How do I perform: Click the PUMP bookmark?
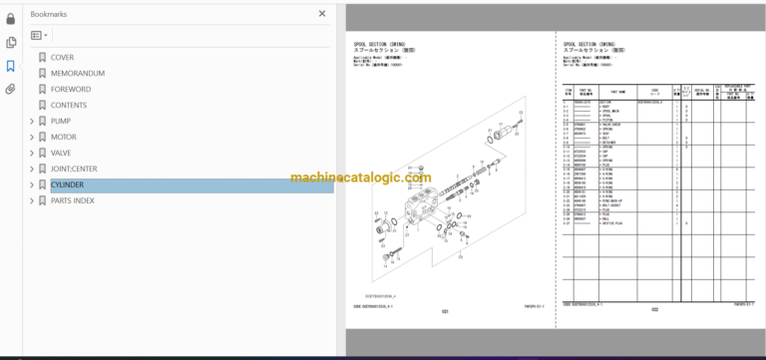coord(61,121)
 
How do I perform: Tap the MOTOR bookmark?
coord(63,137)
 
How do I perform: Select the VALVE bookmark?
coord(61,153)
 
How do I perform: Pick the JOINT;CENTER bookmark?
coord(74,169)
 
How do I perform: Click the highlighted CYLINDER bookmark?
coord(67,184)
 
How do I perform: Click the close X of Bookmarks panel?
coord(321,14)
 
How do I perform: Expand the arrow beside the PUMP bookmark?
coord(32,121)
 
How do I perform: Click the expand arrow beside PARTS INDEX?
coord(32,200)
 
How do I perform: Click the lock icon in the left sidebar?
coord(11,18)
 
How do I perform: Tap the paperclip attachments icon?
coord(11,89)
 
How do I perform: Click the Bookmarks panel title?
coord(50,14)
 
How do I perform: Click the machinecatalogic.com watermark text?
coord(360,178)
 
